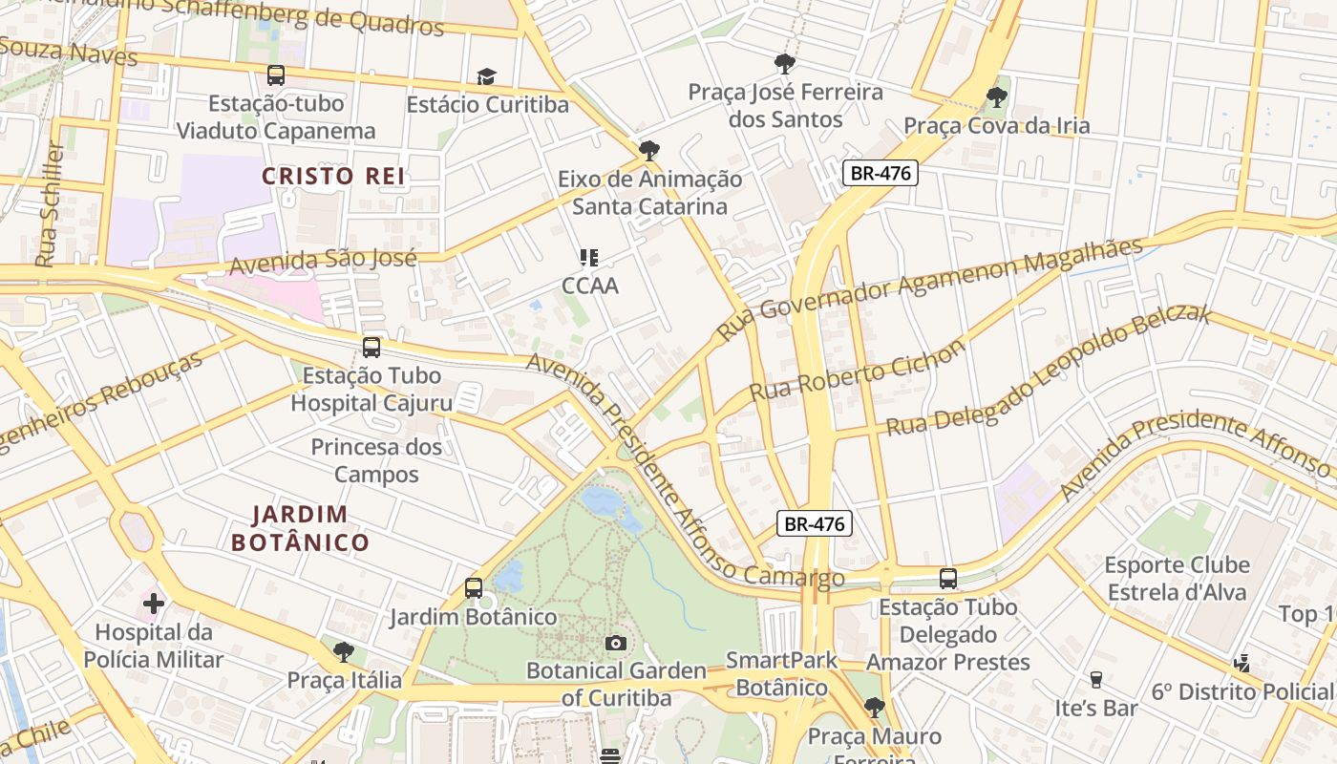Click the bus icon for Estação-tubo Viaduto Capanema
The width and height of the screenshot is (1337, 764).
[276, 74]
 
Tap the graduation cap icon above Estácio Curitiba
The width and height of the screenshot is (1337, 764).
[487, 76]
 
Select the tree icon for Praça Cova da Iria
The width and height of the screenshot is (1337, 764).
[996, 96]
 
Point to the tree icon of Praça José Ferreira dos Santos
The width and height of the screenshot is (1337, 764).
[785, 64]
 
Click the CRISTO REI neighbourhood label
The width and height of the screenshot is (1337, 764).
[333, 176]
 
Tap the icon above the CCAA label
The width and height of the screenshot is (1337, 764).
[589, 257]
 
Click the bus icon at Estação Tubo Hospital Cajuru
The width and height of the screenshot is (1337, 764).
[371, 348]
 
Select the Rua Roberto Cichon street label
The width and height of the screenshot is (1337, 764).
[857, 371]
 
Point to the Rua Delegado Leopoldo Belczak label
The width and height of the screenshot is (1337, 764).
[1049, 371]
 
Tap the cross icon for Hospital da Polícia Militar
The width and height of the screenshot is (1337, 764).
[153, 604]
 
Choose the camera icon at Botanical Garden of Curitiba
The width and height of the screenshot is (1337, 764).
[616, 643]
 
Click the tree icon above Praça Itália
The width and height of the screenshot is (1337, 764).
[344, 652]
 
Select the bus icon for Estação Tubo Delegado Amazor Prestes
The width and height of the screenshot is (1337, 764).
[948, 579]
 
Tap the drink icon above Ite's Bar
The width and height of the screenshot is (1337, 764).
[1096, 680]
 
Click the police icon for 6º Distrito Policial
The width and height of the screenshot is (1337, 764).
[1242, 663]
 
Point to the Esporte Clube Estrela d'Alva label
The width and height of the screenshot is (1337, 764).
[1177, 579]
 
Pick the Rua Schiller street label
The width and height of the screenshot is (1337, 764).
[48, 205]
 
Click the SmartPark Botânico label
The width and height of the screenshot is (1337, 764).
[781, 673]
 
